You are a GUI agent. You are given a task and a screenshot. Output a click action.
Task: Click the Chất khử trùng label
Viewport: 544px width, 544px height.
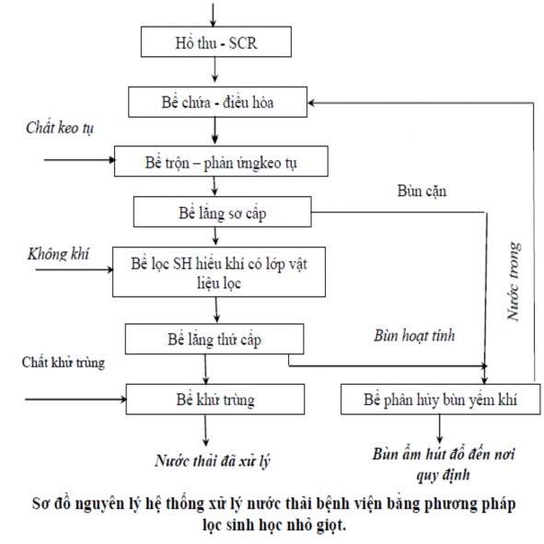point(64,362)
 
